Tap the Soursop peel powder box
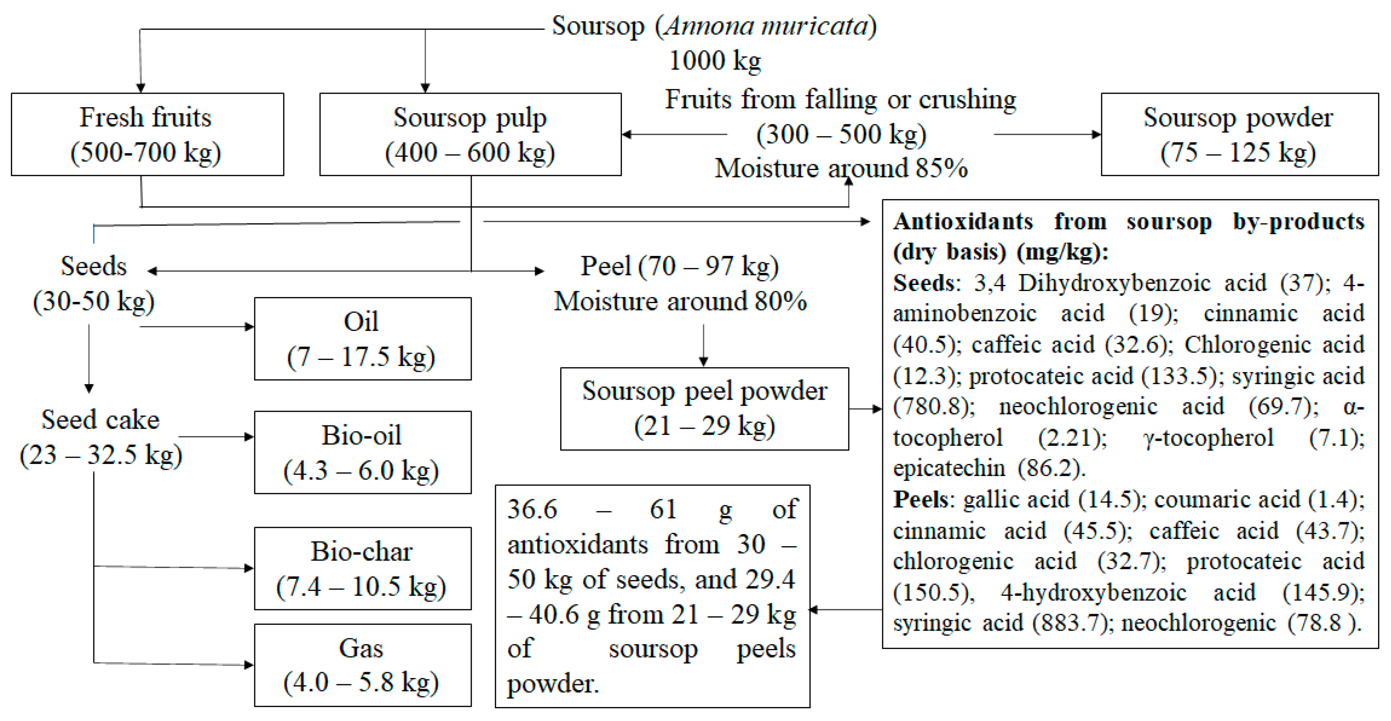pos(704,408)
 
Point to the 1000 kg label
pos(715,61)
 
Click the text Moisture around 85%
pos(841,168)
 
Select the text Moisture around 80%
pos(680,301)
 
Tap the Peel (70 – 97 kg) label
pos(679,266)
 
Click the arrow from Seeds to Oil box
pos(197,327)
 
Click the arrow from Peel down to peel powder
pos(703,345)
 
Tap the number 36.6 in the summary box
pos(532,509)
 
